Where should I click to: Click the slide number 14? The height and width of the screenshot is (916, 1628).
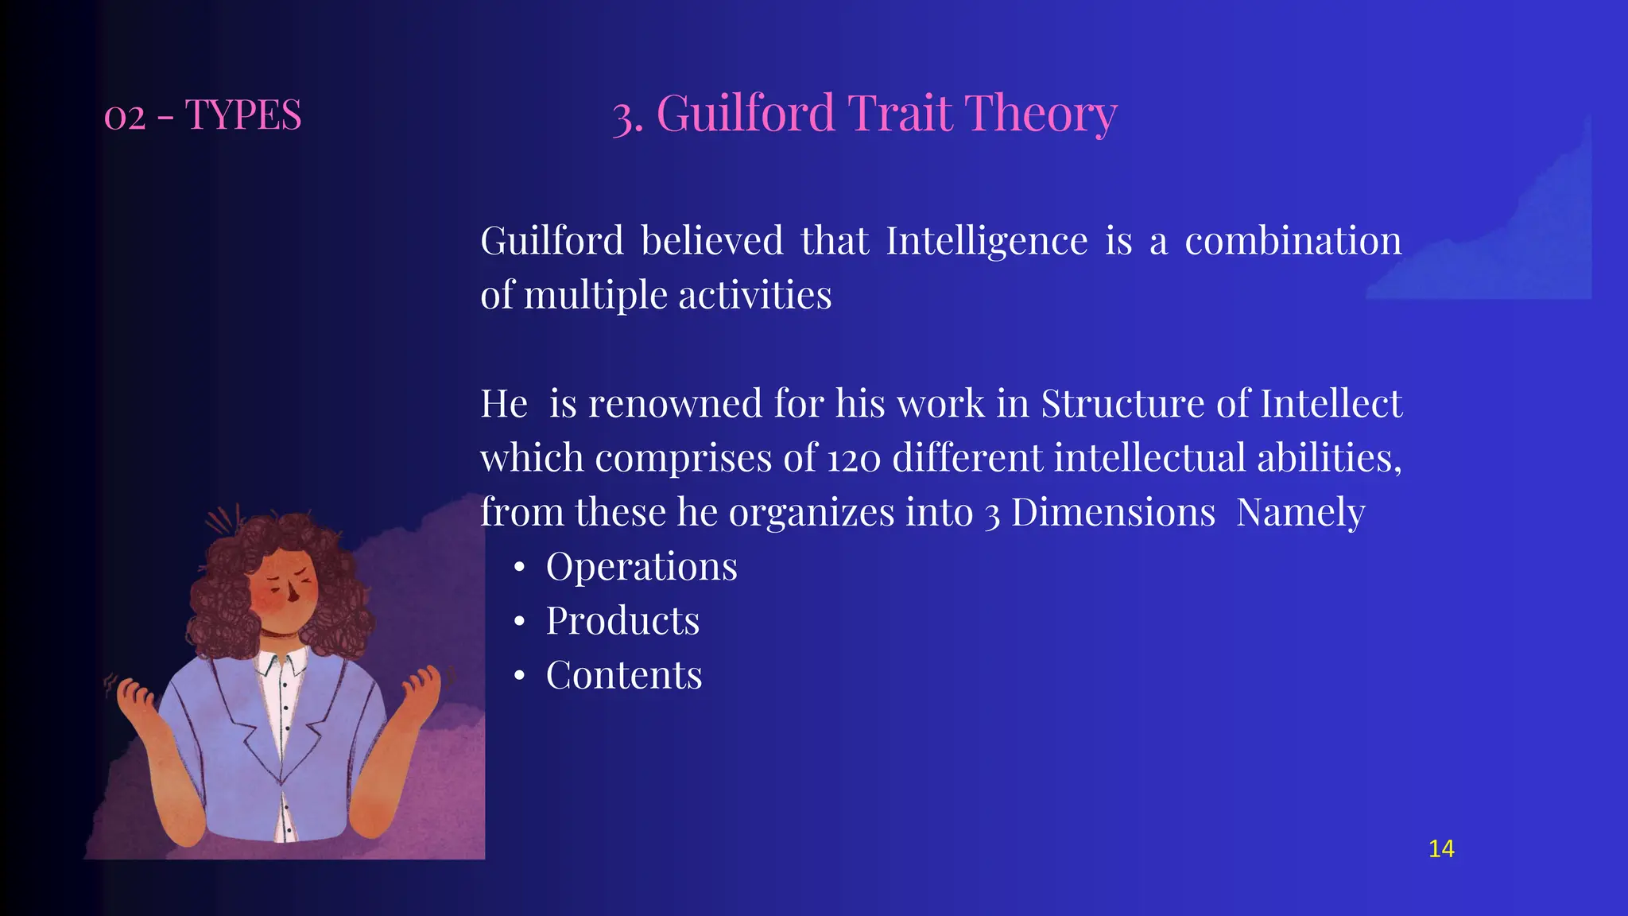coord(1440,849)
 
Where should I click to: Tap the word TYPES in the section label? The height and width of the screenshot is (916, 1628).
coord(243,115)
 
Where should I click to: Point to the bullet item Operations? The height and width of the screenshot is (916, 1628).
coord(642,566)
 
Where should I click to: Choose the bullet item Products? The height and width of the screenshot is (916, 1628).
coord(622,620)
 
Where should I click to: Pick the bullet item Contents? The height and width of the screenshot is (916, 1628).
coord(624,675)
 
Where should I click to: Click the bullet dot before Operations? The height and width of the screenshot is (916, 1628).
coord(519,568)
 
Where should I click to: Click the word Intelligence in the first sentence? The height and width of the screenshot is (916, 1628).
coord(986,241)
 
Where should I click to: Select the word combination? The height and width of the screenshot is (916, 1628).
coord(1293,241)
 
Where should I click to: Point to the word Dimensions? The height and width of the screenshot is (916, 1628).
coord(1113,512)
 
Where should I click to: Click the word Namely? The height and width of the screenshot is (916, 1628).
coord(1300,512)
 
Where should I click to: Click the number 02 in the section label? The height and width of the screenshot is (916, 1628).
coord(125,117)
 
